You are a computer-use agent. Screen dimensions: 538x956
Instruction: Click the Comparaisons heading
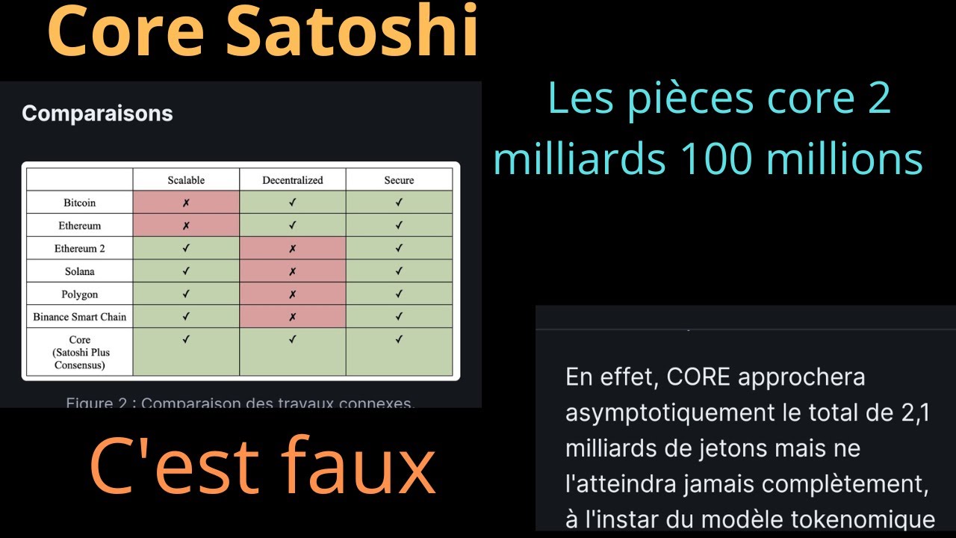tap(97, 114)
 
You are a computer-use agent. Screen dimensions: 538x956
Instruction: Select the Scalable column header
tap(186, 180)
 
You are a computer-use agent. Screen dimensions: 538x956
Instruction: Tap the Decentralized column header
tap(292, 180)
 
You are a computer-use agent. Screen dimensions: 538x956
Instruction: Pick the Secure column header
tap(399, 180)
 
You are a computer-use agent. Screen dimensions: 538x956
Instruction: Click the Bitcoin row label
tap(80, 202)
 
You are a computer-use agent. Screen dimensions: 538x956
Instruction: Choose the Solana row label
tap(80, 271)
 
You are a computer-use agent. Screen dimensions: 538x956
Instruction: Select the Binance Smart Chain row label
tap(80, 317)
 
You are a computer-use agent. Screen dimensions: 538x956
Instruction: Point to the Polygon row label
tap(80, 294)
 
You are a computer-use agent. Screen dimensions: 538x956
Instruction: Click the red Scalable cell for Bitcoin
tap(186, 202)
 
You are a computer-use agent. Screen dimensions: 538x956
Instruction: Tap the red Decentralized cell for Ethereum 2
tap(292, 248)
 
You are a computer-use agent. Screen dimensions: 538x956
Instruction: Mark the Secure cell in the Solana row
tap(399, 271)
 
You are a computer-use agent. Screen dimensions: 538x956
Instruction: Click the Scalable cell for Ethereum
tap(186, 226)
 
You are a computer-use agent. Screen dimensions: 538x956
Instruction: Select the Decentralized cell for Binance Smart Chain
tap(292, 317)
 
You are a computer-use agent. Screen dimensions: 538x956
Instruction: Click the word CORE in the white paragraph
tap(698, 377)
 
